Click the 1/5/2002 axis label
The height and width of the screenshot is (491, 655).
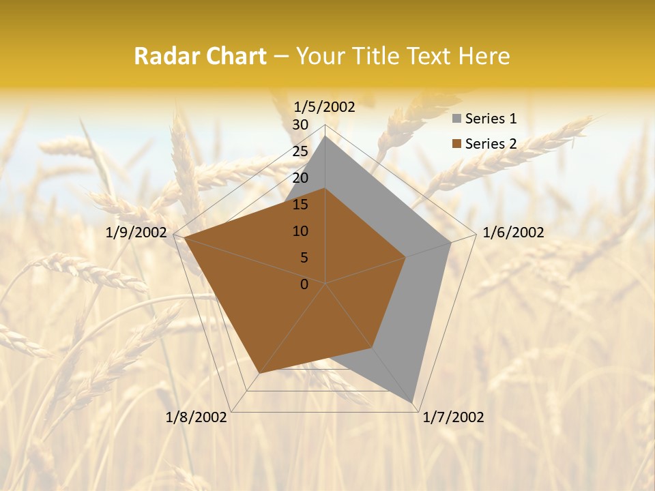click(x=325, y=106)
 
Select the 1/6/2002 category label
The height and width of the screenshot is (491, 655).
click(x=513, y=233)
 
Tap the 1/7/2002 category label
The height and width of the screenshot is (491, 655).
click(x=453, y=417)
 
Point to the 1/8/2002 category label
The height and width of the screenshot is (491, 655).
click(x=196, y=417)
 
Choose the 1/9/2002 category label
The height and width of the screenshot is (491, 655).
click(x=136, y=233)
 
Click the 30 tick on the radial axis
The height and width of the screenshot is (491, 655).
click(x=300, y=125)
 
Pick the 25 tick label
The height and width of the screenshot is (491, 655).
click(x=300, y=151)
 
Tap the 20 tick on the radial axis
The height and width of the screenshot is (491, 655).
click(x=300, y=178)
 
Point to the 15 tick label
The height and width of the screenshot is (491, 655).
click(x=300, y=205)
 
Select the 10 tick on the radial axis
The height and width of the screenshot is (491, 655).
click(x=300, y=231)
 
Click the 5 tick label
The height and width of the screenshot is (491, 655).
click(x=304, y=258)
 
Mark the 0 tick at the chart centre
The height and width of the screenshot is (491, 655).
click(x=304, y=284)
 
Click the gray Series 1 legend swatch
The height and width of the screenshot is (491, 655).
click(x=457, y=119)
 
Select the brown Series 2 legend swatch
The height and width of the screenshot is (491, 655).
click(x=457, y=144)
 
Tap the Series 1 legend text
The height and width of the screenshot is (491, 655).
click(x=491, y=119)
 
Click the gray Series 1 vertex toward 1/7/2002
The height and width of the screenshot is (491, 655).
click(x=413, y=402)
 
